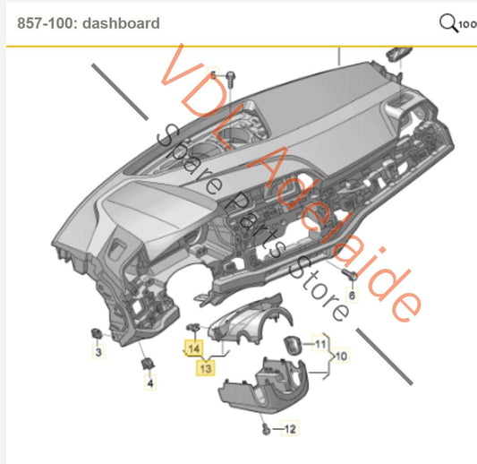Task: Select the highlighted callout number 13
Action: (206, 366)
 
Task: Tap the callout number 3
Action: (99, 355)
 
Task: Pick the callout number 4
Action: (150, 384)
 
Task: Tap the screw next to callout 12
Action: (266, 431)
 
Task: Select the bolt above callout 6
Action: (347, 271)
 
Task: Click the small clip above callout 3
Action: (96, 333)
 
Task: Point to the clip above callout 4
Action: (147, 364)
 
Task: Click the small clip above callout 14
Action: (194, 327)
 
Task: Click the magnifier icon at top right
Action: (448, 22)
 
